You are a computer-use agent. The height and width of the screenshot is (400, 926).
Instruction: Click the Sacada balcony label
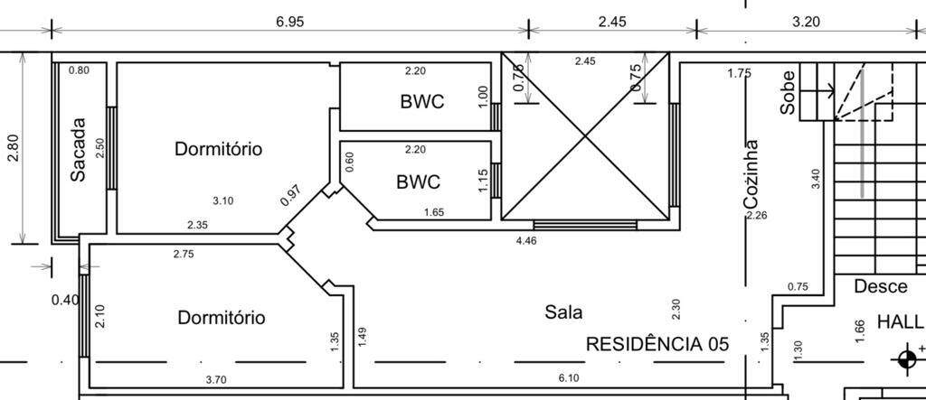(x=79, y=150)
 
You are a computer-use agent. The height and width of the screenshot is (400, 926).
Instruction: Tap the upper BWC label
(x=422, y=101)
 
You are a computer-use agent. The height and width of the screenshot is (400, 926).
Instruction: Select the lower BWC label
(x=419, y=181)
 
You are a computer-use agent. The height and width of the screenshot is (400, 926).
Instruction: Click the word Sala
(x=563, y=312)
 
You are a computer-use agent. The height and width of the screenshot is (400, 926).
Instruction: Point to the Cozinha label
(x=751, y=174)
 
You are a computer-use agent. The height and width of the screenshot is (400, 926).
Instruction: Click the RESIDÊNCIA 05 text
(x=657, y=344)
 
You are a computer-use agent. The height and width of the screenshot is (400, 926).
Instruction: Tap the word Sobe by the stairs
(x=789, y=91)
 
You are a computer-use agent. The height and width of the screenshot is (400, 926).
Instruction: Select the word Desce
(x=881, y=287)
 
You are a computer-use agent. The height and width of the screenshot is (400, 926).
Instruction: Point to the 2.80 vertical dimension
(x=13, y=148)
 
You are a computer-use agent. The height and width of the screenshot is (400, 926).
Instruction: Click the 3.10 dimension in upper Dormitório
(x=222, y=200)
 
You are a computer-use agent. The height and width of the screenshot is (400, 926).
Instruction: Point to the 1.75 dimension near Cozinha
(x=739, y=73)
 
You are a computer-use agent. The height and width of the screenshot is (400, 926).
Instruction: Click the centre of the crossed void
(x=586, y=136)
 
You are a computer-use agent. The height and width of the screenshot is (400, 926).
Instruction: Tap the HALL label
(x=899, y=322)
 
